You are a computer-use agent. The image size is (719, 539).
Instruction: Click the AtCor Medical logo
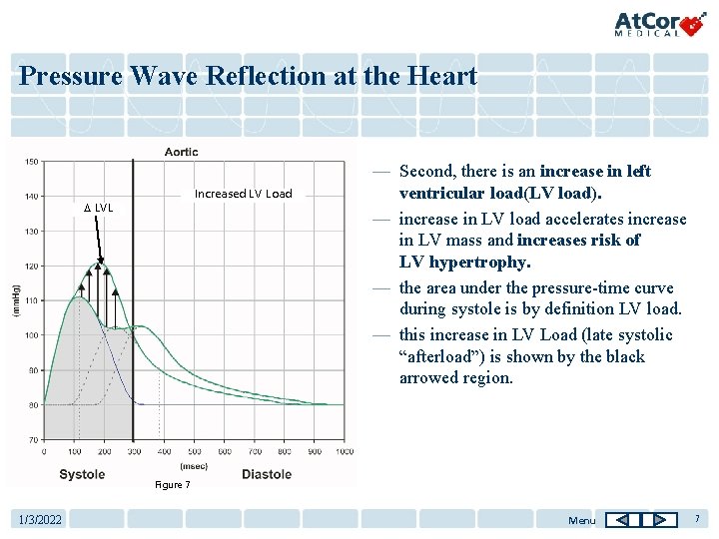(660, 23)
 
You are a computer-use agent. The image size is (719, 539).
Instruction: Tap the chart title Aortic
(181, 152)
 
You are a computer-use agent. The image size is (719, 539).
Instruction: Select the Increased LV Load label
(243, 194)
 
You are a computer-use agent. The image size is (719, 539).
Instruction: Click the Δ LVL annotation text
(98, 208)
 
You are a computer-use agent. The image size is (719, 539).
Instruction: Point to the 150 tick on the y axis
(32, 161)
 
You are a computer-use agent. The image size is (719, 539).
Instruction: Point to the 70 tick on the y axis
(32, 439)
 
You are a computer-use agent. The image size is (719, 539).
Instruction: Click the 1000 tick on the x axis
(345, 452)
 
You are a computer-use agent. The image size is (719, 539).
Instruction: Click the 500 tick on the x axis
(195, 452)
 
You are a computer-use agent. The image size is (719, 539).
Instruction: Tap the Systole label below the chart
(82, 474)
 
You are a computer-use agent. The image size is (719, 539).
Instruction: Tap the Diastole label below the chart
(267, 474)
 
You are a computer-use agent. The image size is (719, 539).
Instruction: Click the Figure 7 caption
(172, 485)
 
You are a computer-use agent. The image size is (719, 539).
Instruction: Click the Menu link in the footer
(581, 520)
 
